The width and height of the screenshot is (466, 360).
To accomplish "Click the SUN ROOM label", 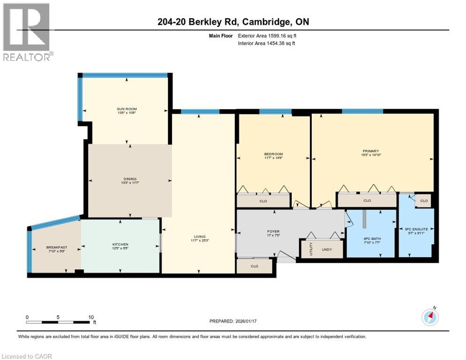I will click(x=127, y=109).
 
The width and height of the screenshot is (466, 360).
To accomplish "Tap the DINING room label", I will click(x=130, y=179).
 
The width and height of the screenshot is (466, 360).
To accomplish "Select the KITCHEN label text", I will click(x=120, y=244).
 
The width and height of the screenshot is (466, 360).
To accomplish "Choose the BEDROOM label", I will click(x=273, y=154).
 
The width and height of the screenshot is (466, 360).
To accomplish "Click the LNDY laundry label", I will click(x=326, y=249).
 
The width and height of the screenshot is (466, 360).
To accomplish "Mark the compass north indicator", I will click(x=430, y=316).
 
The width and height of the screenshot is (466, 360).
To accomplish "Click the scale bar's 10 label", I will click(x=91, y=317).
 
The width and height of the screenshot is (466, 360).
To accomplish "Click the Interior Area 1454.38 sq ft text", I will click(x=266, y=43).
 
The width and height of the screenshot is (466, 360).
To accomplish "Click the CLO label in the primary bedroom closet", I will click(x=367, y=201).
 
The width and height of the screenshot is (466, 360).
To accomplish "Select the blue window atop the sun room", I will click(x=125, y=75).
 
